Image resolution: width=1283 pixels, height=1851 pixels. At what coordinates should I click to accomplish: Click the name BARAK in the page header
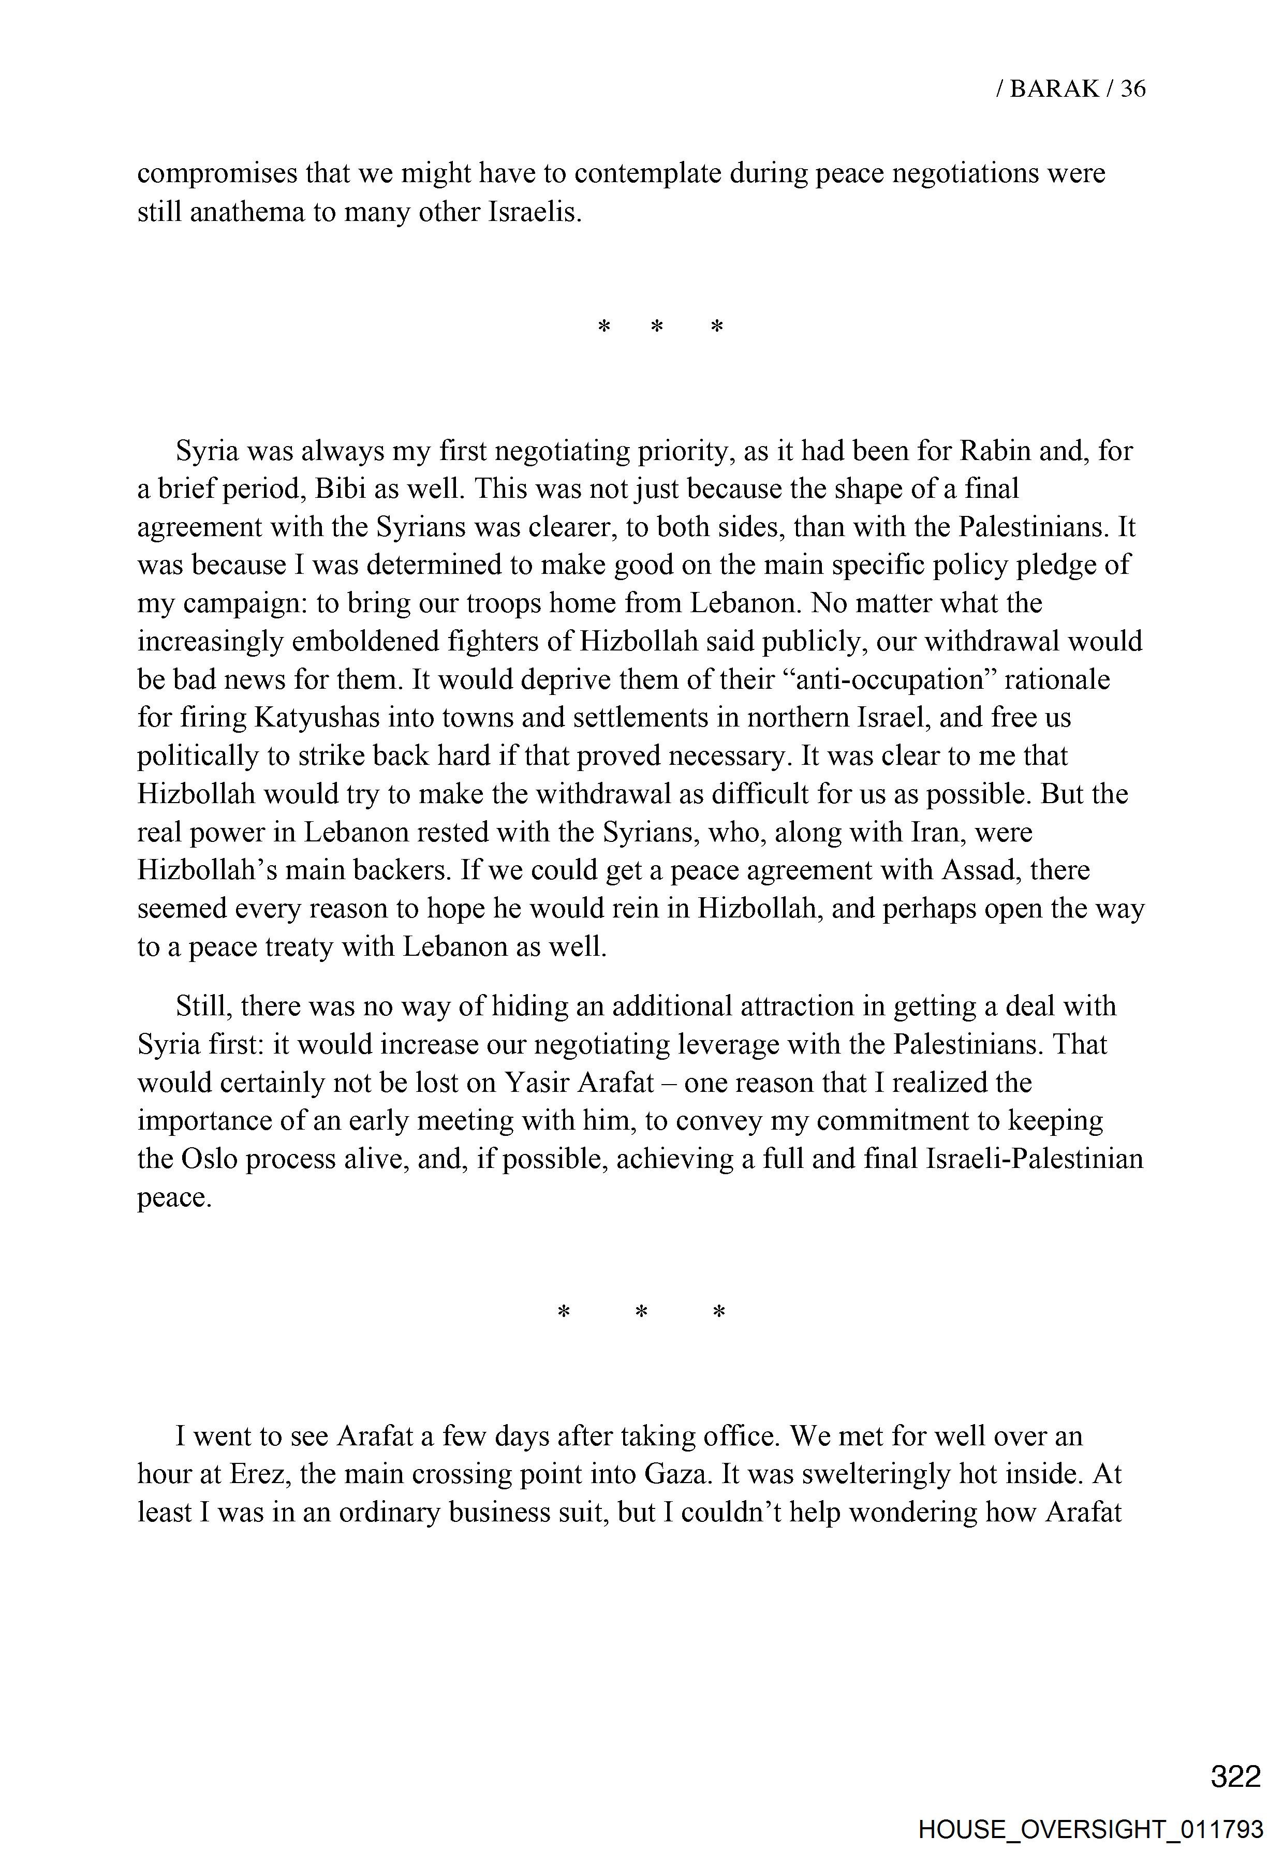click(1053, 88)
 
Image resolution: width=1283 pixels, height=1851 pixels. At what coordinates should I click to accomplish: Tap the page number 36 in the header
click(1133, 88)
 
